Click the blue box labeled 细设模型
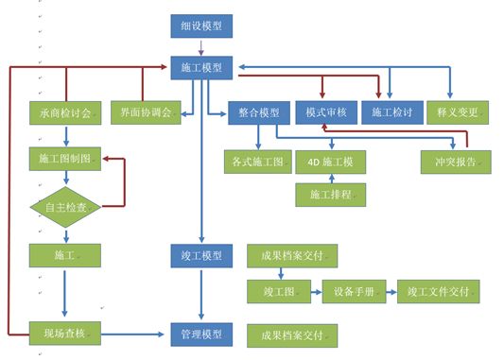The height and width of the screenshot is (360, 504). click(201, 26)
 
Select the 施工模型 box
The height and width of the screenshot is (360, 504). click(201, 68)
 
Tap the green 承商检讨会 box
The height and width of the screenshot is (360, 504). click(65, 113)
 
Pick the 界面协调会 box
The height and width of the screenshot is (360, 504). click(146, 112)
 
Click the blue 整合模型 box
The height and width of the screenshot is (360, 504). click(259, 112)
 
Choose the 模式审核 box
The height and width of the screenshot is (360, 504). click(326, 112)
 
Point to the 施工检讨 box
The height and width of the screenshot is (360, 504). click(392, 112)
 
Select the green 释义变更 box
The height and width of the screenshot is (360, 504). click(458, 112)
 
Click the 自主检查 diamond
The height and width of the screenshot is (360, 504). click(65, 207)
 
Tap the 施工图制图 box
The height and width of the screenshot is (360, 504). click(65, 159)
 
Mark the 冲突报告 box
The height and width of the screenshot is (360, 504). click(456, 162)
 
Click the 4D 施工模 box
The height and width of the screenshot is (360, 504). click(330, 162)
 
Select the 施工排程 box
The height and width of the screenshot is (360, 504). click(330, 195)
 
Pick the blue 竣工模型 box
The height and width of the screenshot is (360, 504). click(201, 256)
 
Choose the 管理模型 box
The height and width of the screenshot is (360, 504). click(201, 334)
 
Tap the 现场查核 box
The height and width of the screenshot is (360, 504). click(65, 334)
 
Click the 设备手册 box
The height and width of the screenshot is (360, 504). click(354, 292)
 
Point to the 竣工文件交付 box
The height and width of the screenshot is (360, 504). click(439, 292)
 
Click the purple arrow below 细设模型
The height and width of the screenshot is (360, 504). click(201, 48)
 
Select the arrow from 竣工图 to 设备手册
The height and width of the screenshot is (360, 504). click(317, 292)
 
